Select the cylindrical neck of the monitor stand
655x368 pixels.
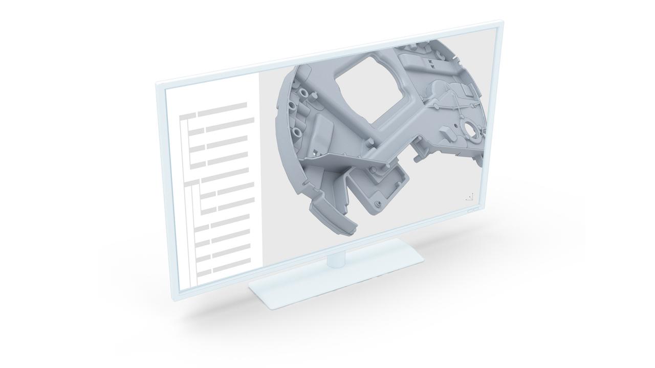(336, 260)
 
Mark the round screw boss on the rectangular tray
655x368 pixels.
(378, 204)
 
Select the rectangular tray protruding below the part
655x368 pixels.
(381, 189)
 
